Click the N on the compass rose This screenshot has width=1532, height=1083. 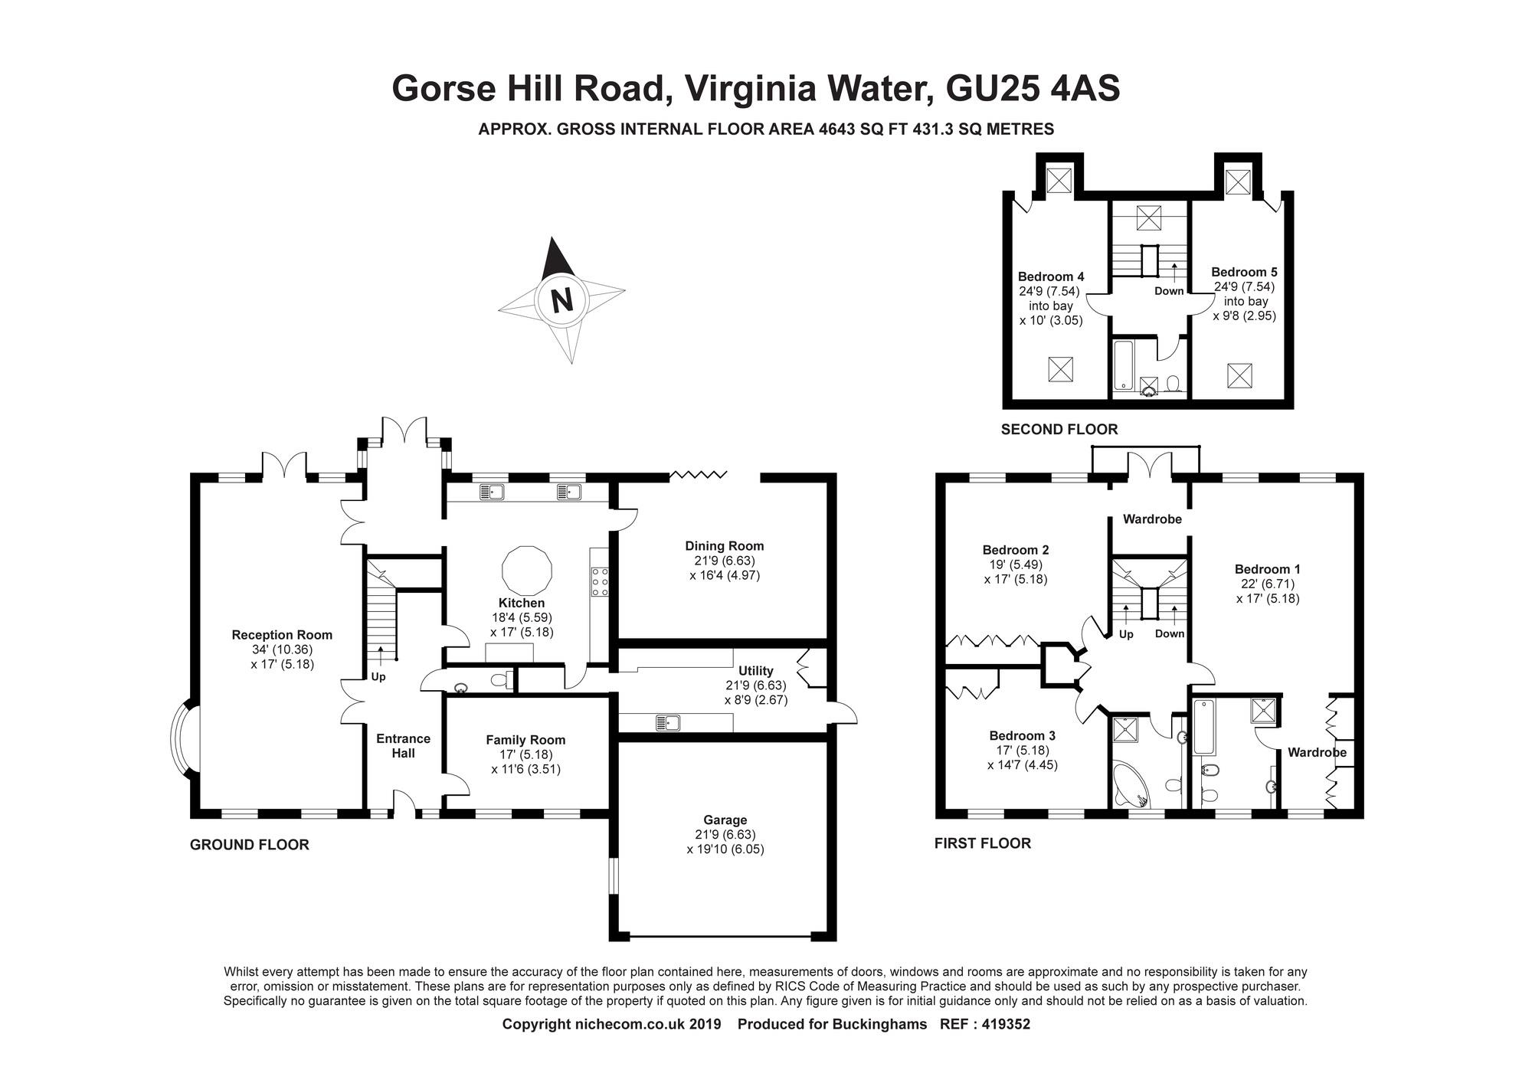click(563, 299)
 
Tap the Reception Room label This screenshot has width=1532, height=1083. click(282, 635)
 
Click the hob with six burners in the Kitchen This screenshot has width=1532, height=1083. click(599, 581)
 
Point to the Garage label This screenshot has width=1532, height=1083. click(725, 820)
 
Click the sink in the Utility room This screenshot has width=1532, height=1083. click(669, 722)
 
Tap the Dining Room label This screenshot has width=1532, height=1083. click(725, 546)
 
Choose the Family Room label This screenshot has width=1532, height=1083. click(525, 740)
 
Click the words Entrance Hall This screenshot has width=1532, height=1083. click(403, 746)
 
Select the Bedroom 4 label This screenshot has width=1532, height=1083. click(1051, 276)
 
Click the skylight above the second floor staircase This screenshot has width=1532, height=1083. click(1148, 218)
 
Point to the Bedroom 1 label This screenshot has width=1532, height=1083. click(1267, 569)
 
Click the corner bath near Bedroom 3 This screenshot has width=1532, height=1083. click(1129, 784)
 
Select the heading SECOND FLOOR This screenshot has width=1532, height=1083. click(1059, 430)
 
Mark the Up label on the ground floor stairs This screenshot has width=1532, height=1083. click(378, 677)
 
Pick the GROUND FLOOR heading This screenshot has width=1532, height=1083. click(250, 845)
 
